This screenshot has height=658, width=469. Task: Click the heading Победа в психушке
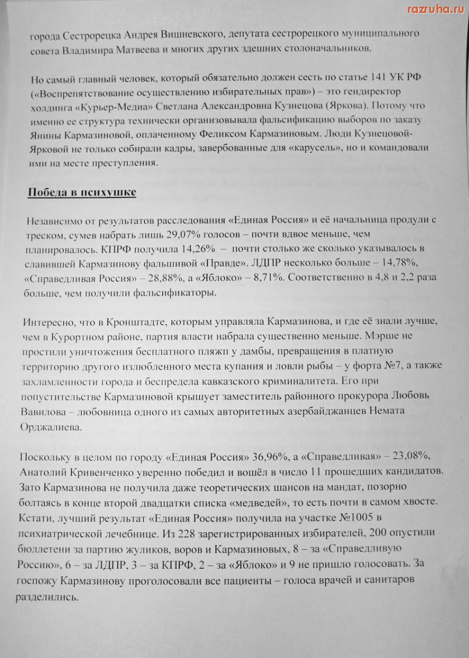(x=81, y=192)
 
